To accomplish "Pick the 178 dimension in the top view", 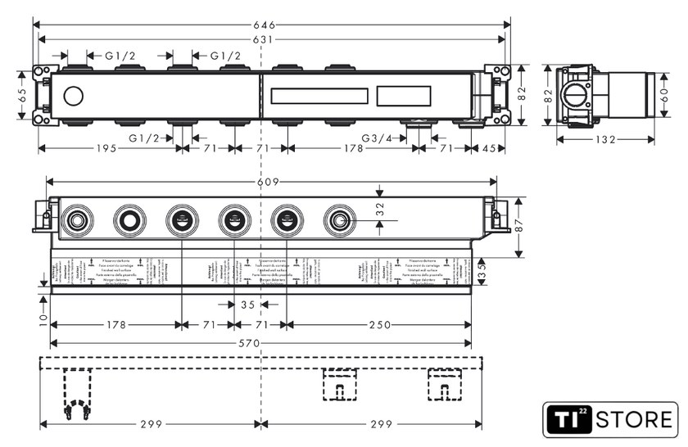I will [x=353, y=149].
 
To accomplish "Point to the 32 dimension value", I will [x=378, y=210].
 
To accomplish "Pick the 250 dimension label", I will [x=378, y=325].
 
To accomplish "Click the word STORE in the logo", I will [x=635, y=421].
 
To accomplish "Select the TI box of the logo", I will [x=567, y=421].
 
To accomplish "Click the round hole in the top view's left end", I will [x=71, y=97].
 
